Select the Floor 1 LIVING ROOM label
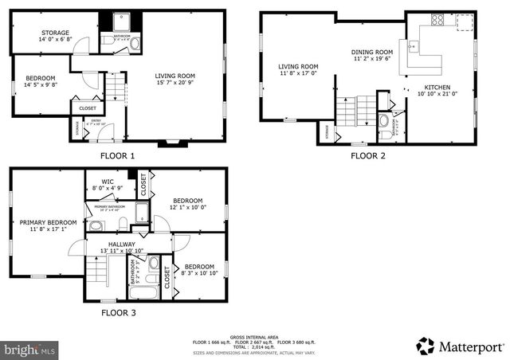[x=175, y=76]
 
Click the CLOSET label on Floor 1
[x=88, y=108]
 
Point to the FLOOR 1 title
[x=117, y=156]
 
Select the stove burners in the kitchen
[x=438, y=19]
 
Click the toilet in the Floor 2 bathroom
[x=384, y=122]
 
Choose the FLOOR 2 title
[x=368, y=156]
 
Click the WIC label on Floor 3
[x=108, y=182]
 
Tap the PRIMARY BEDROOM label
[x=49, y=222]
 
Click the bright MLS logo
[x=30, y=349]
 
